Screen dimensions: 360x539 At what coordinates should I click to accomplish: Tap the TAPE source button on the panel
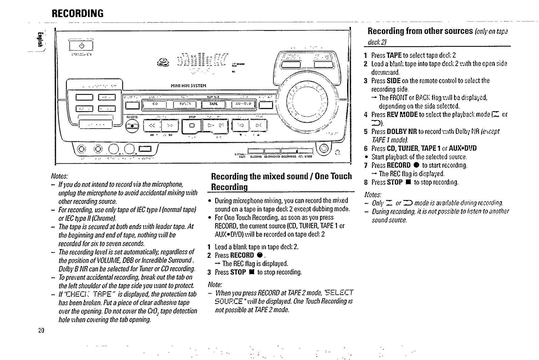pyautogui.click(x=214, y=104)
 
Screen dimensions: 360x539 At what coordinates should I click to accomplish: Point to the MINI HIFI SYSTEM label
pyautogui.click(x=189, y=86)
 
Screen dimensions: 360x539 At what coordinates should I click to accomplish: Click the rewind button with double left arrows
pyautogui.click(x=152, y=126)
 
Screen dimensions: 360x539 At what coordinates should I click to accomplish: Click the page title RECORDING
pyautogui.click(x=77, y=14)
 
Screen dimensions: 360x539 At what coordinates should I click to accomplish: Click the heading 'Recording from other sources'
pyautogui.click(x=420, y=31)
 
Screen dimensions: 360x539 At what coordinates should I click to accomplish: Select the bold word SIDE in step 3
pyautogui.click(x=394, y=81)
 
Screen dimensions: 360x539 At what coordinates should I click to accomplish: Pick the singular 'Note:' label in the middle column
pyautogui.click(x=215, y=285)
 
